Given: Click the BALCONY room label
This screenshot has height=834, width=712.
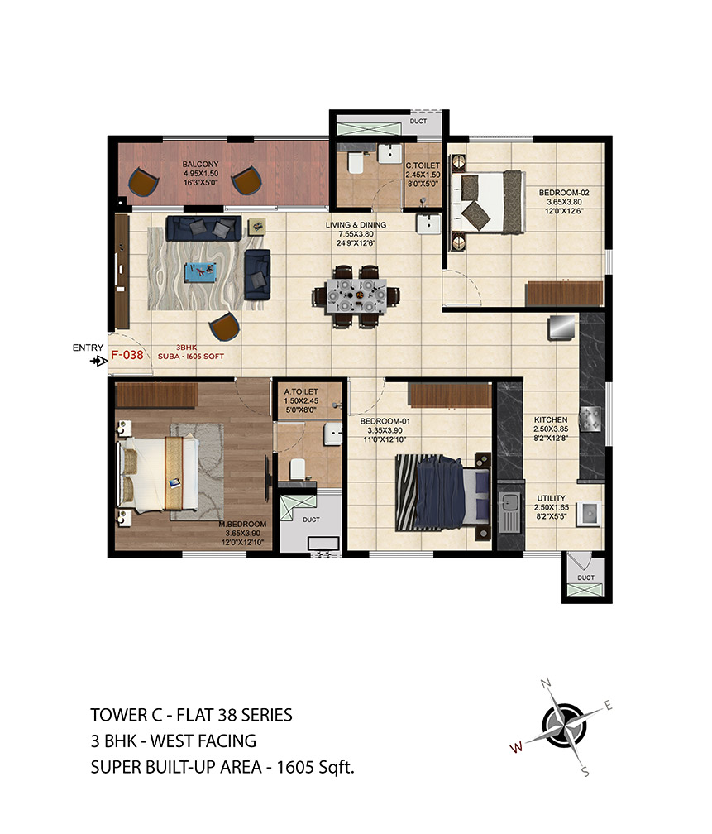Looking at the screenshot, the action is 200,165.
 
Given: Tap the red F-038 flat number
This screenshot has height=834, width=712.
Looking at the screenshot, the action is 127,355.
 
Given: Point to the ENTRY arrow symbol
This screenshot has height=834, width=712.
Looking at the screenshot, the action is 99,361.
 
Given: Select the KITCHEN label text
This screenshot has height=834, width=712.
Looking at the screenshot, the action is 551,419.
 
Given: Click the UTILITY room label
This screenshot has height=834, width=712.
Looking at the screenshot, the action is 552,498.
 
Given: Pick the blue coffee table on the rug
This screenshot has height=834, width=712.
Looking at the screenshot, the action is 200,272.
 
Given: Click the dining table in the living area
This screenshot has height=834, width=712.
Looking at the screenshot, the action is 356,295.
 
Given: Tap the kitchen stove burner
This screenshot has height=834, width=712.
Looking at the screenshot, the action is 590,417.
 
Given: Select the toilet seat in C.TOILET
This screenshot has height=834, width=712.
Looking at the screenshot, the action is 356,163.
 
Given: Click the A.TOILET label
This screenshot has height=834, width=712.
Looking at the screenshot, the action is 301,391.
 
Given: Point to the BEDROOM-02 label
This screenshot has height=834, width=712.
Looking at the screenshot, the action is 564,193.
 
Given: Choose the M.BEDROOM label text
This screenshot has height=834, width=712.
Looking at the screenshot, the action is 242,524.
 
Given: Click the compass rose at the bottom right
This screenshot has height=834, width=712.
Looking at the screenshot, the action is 564,726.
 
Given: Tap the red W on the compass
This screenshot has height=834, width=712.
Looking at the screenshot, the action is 516,747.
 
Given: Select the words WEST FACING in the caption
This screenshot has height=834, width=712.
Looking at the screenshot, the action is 203,741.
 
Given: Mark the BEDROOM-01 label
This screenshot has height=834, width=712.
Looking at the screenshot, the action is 385,421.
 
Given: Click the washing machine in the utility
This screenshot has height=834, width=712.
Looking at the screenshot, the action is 589,514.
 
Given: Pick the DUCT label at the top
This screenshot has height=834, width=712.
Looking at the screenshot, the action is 418,122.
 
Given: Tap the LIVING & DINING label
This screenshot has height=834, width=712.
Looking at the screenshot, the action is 356,225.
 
